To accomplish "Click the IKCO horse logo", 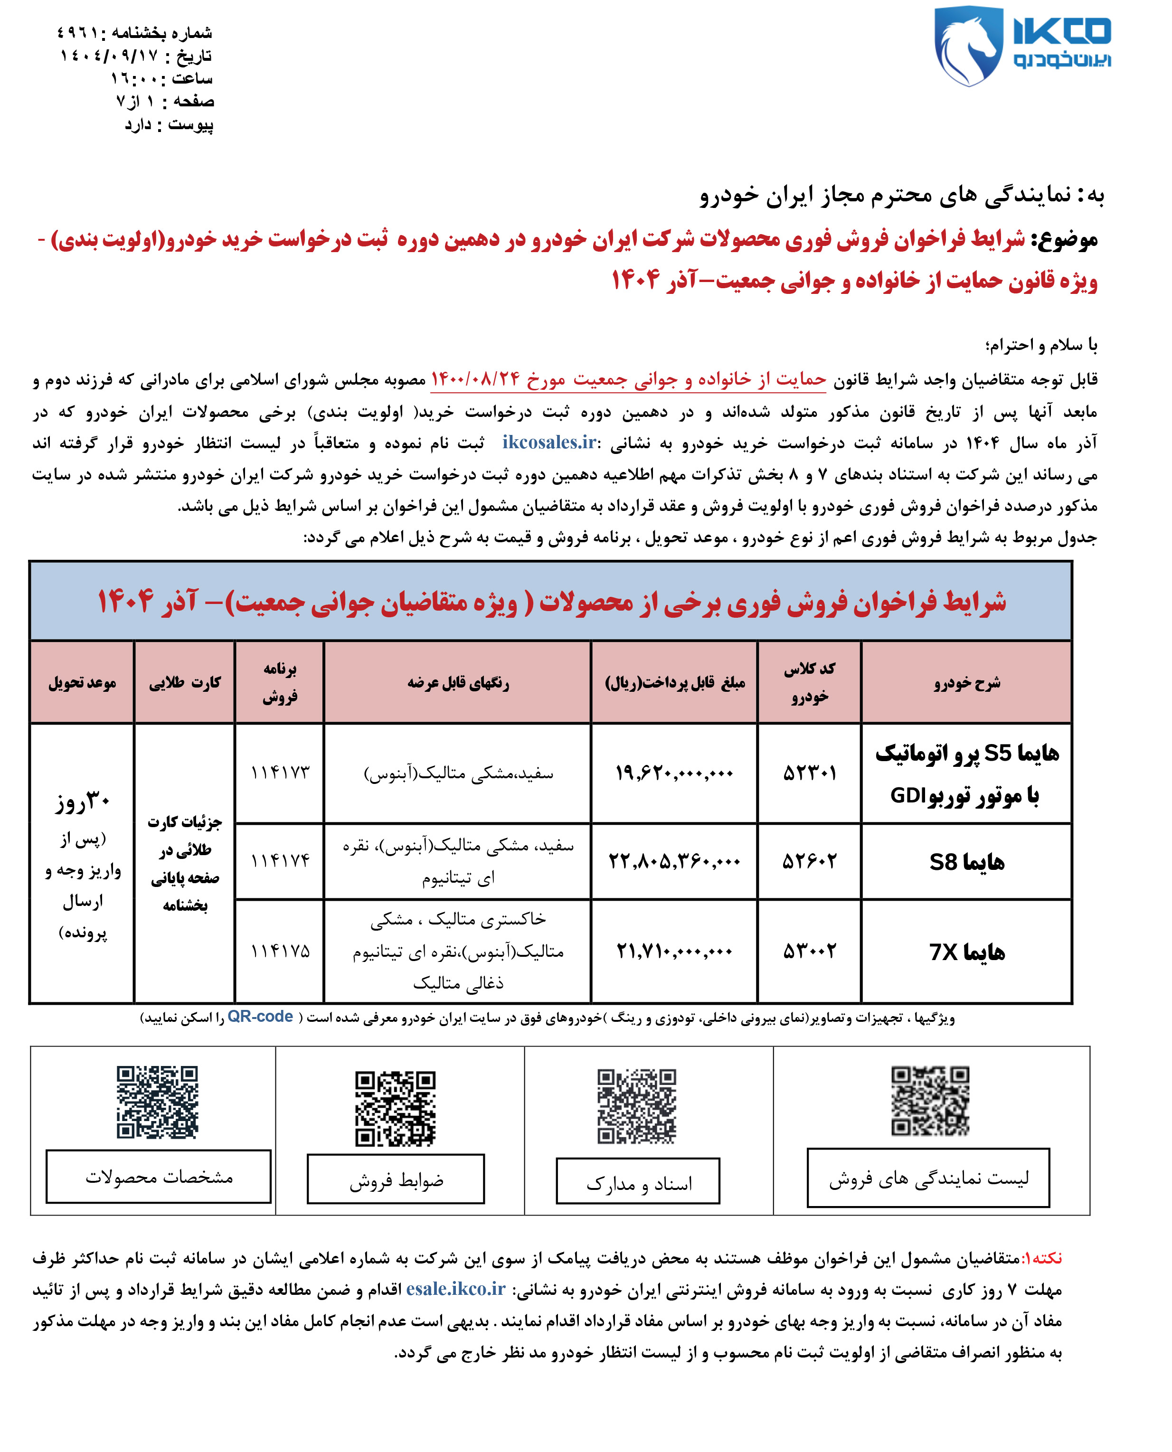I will (x=967, y=46).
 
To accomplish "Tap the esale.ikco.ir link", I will (x=456, y=1289).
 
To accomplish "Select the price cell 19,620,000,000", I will (x=674, y=773).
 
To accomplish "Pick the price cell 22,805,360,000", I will (x=674, y=861).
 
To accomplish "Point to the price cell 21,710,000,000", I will (x=674, y=951).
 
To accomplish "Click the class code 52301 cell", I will (x=810, y=773).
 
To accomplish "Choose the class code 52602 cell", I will (x=810, y=861).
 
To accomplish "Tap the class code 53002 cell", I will (x=810, y=951).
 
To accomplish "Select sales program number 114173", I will (x=280, y=773).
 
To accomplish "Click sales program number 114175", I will (x=280, y=951).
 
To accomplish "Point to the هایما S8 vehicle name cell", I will (x=967, y=862).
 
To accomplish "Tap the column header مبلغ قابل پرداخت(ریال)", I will (x=674, y=682).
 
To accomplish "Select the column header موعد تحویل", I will (x=82, y=682).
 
